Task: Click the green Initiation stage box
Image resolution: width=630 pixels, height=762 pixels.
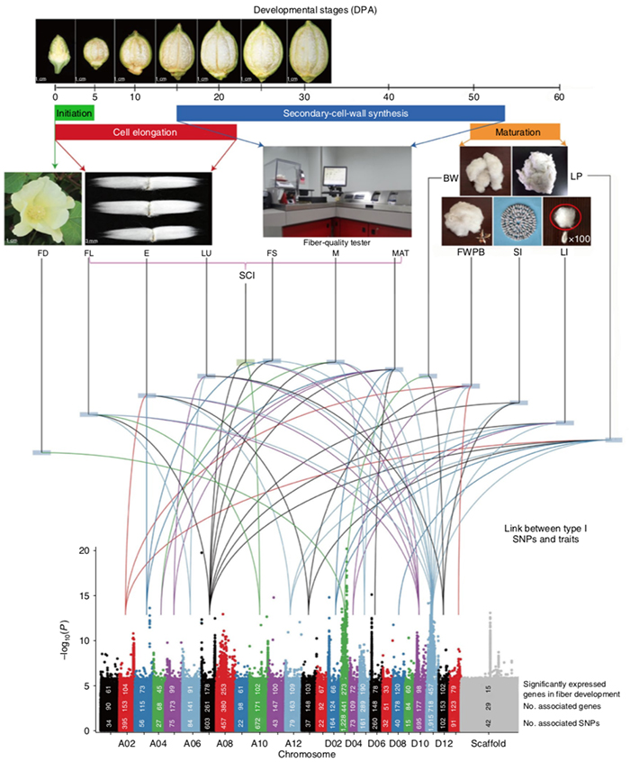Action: pyautogui.click(x=74, y=113)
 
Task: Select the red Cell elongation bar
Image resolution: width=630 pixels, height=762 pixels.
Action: pyautogui.click(x=145, y=132)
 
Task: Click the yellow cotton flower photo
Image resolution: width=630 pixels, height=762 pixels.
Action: pyautogui.click(x=41, y=208)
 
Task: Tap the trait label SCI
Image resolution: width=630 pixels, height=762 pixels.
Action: pyautogui.click(x=246, y=277)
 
